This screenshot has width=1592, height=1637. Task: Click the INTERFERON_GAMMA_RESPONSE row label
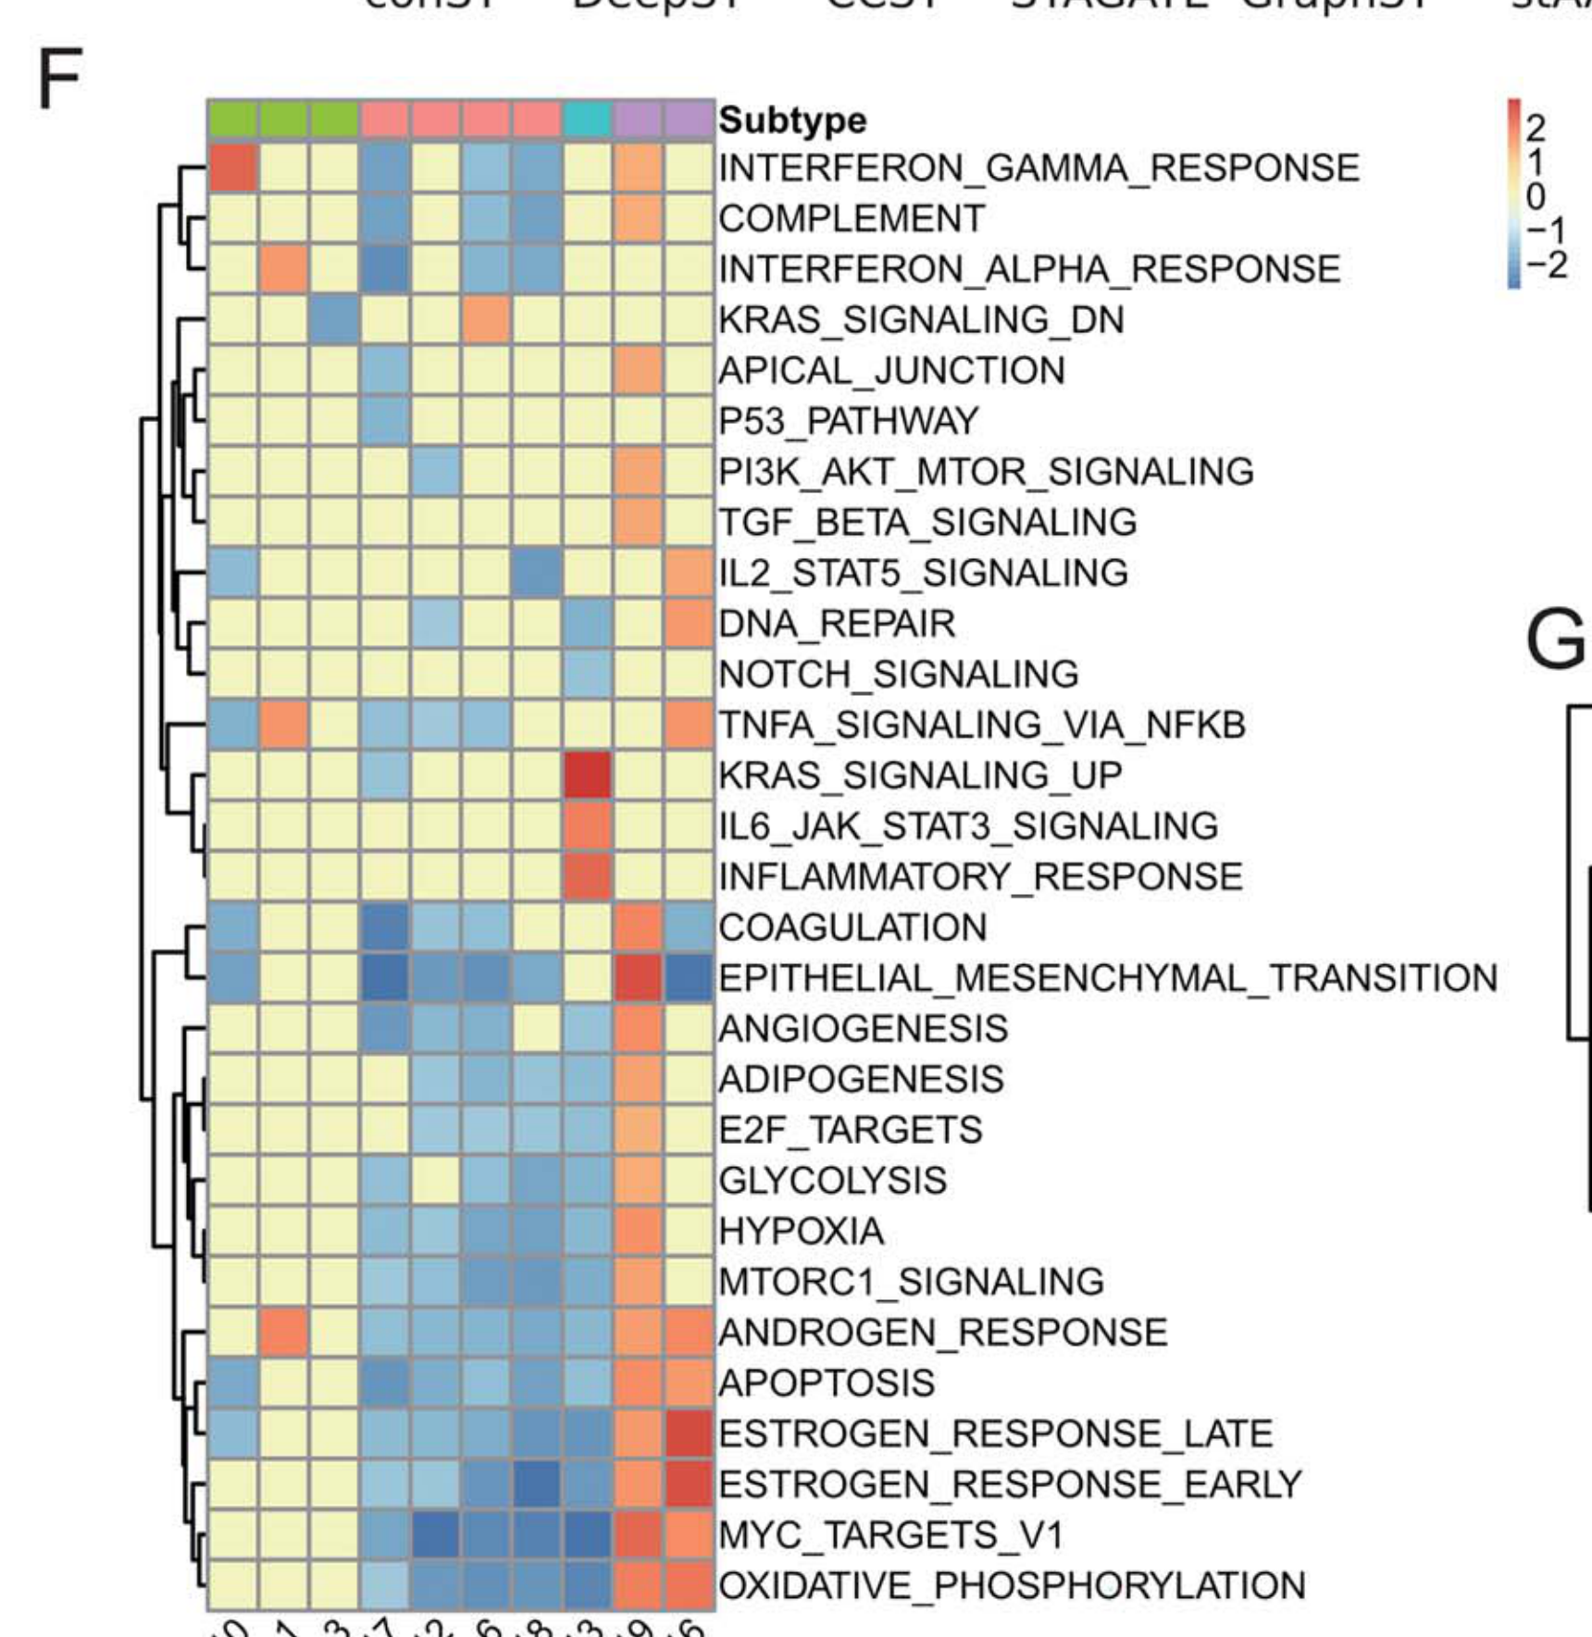[x=1039, y=168]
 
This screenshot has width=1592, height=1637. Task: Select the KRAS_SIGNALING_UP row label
[x=920, y=775]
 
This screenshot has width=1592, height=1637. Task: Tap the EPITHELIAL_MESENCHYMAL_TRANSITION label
[x=1108, y=978]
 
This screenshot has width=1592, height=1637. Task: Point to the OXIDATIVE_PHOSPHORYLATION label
[x=1012, y=1586]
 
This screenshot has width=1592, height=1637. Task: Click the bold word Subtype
[x=792, y=120]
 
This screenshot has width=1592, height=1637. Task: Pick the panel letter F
[x=59, y=80]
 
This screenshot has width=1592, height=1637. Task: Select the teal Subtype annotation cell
[x=588, y=119]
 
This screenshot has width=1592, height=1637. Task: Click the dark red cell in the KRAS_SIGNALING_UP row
[x=588, y=775]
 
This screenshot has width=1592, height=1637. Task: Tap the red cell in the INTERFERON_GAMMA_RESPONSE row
[x=232, y=168]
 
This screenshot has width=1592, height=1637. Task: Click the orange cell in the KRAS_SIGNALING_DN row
[x=486, y=320]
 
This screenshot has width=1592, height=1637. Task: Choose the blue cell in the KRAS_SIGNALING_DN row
[x=334, y=320]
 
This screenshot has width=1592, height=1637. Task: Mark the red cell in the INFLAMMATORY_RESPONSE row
[x=588, y=876]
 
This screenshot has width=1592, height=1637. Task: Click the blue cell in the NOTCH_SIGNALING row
[x=588, y=674]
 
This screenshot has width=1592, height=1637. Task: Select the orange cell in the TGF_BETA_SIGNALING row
[x=639, y=522]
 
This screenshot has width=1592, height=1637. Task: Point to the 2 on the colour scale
[x=1536, y=128]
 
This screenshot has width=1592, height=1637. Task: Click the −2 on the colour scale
[x=1545, y=266]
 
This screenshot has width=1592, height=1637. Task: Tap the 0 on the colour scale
[x=1536, y=196]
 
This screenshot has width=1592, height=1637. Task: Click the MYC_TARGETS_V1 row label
[x=890, y=1535]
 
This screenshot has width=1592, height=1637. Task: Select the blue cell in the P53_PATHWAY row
[x=385, y=421]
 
